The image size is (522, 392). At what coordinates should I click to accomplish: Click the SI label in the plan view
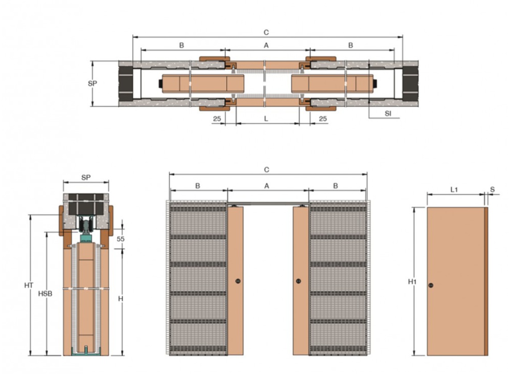(x=388, y=113)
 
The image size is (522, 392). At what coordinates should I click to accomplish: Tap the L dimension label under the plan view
(x=266, y=119)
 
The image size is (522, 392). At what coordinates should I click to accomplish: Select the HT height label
(x=29, y=285)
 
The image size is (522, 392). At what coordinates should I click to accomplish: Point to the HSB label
(x=45, y=294)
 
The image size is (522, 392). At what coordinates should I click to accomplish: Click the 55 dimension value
(x=120, y=239)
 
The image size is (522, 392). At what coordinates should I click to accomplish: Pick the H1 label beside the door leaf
(x=413, y=282)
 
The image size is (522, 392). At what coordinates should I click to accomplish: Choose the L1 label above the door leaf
(x=454, y=190)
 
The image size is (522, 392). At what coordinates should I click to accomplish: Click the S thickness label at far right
(x=493, y=189)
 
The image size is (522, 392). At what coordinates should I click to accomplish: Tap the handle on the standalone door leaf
(x=431, y=285)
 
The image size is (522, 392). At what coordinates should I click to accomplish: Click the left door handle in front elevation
(x=238, y=281)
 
